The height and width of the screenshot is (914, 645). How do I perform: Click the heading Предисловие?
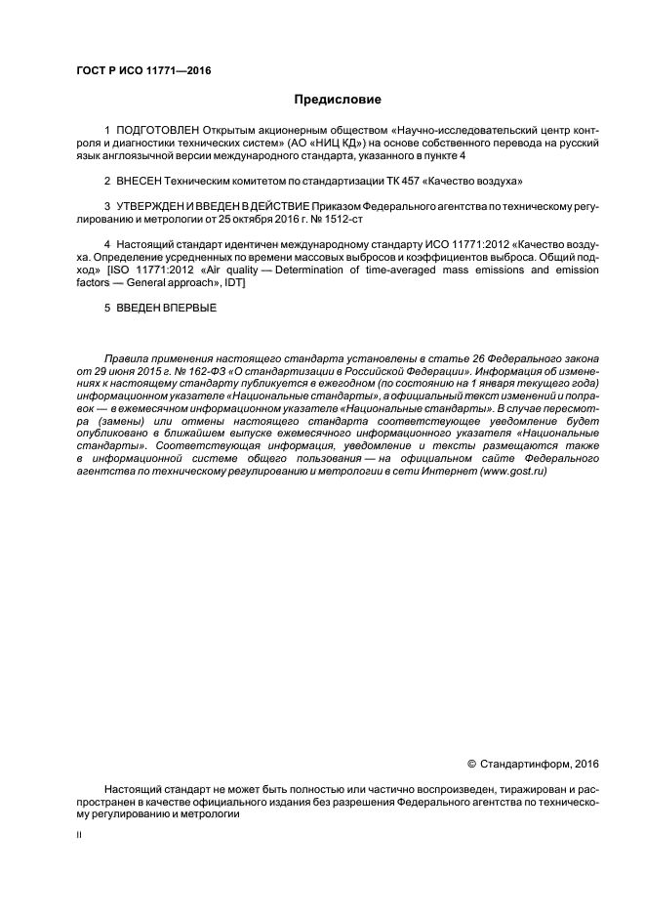(x=338, y=100)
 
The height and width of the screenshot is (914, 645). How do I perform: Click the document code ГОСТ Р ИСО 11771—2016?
(x=143, y=70)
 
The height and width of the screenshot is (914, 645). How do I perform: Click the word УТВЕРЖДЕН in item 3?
(x=149, y=207)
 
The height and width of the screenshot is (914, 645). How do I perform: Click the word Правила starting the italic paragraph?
(x=127, y=359)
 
